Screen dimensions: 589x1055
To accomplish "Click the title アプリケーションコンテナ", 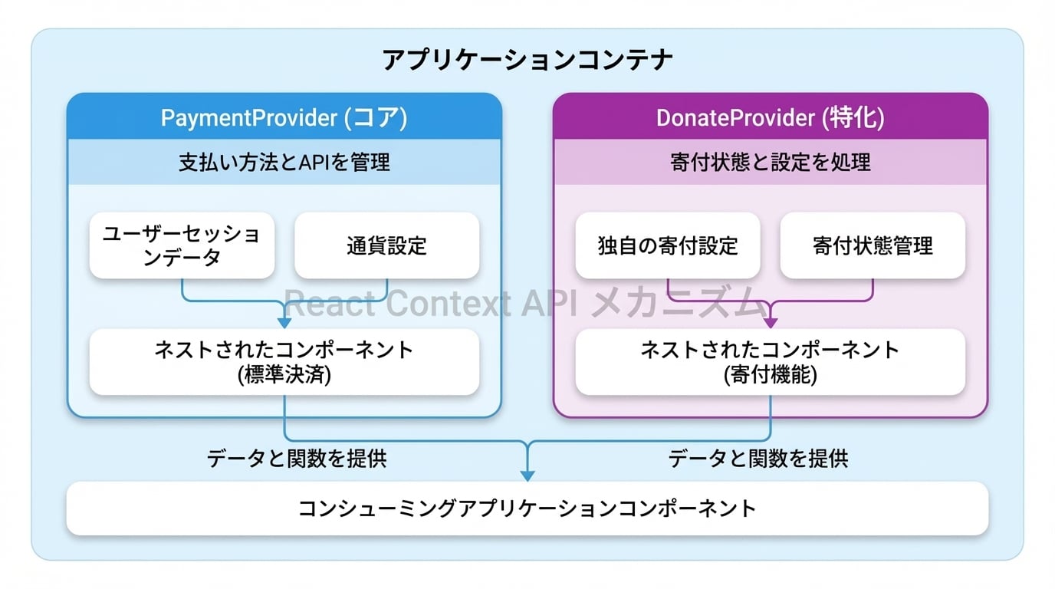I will (x=527, y=60).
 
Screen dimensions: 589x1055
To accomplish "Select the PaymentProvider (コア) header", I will (x=284, y=117).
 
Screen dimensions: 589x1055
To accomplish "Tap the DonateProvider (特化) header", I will (x=770, y=117).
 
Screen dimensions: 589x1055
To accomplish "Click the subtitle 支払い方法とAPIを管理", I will (x=284, y=162).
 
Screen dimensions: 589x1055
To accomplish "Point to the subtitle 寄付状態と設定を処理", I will (x=770, y=162).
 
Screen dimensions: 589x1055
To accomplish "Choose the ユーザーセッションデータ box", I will (x=182, y=245).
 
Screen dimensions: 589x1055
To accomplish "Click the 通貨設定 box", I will (x=386, y=245).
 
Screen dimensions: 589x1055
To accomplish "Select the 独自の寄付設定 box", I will (x=667, y=245).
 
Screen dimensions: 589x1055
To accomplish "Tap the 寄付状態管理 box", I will (x=873, y=245).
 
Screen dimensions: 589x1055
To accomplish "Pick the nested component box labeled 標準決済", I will (x=284, y=362).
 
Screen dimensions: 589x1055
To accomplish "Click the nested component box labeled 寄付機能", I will (x=770, y=362).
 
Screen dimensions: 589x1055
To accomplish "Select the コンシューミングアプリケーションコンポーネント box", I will (x=527, y=508).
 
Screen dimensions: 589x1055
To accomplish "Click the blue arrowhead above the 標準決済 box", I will (x=284, y=321).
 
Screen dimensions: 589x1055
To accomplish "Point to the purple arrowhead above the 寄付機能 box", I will (x=771, y=321).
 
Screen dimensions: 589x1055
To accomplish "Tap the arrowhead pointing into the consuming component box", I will (x=527, y=474).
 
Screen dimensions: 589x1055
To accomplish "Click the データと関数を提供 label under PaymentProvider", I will (x=297, y=459).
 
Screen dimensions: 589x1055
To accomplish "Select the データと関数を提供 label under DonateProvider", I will (x=758, y=459).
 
